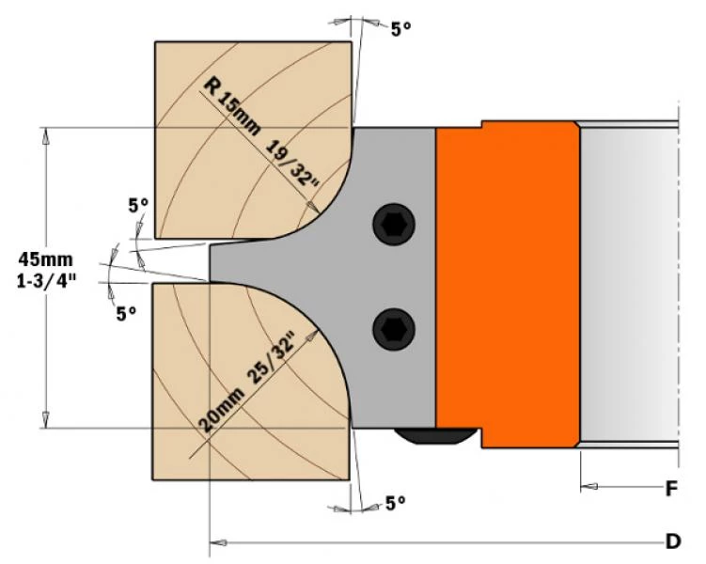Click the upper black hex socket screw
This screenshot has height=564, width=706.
coord(394,225)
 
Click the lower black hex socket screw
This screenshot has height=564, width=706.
coord(394,330)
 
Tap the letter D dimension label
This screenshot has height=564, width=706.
coord(673,541)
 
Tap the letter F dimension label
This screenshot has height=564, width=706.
coord(672,489)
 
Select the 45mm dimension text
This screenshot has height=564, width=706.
coord(45,259)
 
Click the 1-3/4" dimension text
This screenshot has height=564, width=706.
coord(46,282)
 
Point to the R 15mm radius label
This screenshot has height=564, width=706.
coord(231,106)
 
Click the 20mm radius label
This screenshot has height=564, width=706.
coord(222,410)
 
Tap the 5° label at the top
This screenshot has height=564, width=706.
coord(400,30)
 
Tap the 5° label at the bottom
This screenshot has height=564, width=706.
coord(396,503)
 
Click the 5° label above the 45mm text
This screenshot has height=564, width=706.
coord(138,206)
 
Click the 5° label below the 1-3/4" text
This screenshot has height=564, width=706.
coord(126,314)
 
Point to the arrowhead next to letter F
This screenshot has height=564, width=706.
coord(589,487)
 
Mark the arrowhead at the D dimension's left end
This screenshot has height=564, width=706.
coord(218,542)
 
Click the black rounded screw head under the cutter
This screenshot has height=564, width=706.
coord(435,436)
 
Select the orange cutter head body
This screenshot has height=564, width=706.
coord(508,285)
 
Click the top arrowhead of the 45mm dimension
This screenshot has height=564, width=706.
coord(45,136)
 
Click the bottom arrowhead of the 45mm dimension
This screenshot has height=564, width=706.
coord(45,419)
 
